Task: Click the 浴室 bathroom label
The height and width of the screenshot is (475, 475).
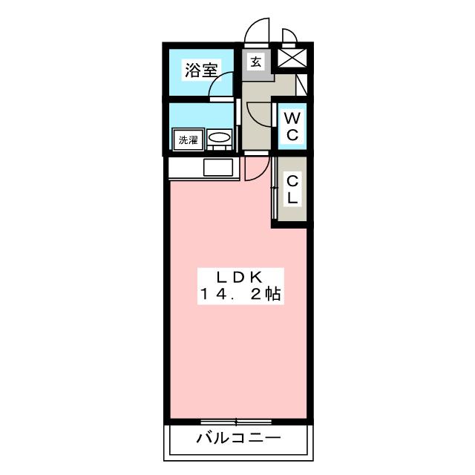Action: [201, 71]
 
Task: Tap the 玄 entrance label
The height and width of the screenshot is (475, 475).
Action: [255, 62]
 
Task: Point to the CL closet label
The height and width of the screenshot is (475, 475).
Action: [292, 189]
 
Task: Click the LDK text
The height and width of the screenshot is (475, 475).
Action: [238, 276]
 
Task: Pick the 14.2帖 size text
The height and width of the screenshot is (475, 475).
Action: [238, 294]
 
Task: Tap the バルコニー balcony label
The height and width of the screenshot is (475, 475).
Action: [238, 438]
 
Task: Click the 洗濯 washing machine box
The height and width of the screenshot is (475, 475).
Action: [188, 140]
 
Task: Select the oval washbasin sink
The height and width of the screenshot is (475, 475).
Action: [219, 138]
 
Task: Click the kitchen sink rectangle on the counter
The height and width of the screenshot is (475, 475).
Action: [218, 168]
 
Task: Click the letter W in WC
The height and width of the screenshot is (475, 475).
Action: [292, 118]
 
